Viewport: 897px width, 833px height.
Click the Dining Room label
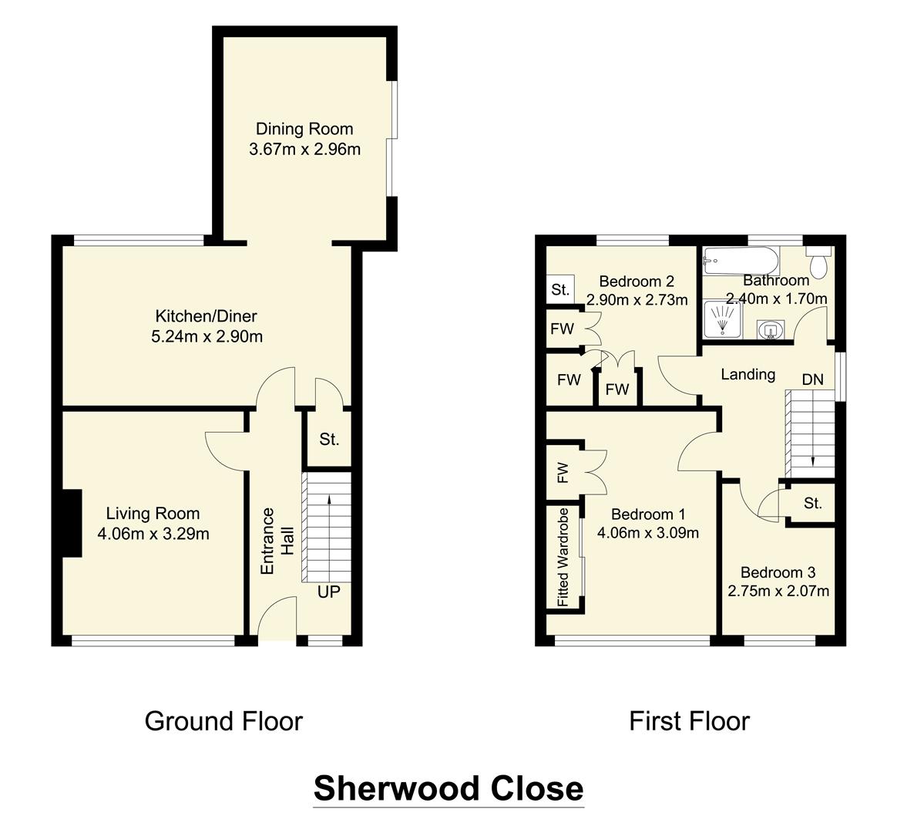click(x=304, y=129)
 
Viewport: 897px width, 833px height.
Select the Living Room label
click(x=153, y=514)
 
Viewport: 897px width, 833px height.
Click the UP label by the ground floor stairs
click(x=329, y=592)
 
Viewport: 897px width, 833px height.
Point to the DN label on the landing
click(x=812, y=379)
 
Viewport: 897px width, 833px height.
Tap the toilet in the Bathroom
click(x=818, y=264)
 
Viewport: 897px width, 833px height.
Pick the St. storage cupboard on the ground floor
click(x=329, y=440)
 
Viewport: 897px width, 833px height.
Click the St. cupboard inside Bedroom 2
click(x=560, y=291)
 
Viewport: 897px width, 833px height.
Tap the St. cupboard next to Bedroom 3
click(x=812, y=504)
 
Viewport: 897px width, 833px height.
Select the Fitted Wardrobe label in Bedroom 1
click(x=563, y=556)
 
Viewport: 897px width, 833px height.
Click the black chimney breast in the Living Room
click(x=71, y=523)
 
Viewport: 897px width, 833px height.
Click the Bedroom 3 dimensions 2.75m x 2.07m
click(x=778, y=592)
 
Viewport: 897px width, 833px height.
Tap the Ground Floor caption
click(x=223, y=721)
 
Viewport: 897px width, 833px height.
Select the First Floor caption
click(x=689, y=721)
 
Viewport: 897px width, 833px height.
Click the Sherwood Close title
click(x=448, y=788)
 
